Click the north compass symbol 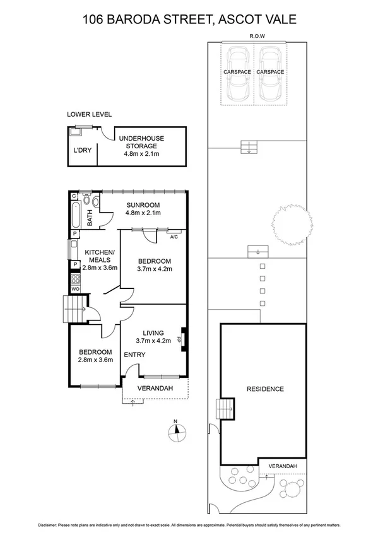point(179,432)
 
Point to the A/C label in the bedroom point(174,237)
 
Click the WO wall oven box point(74,288)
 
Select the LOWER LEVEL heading point(89,114)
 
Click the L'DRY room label point(82,151)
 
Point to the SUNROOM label point(142,205)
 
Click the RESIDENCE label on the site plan point(265,389)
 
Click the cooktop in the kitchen point(74,277)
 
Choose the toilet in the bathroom point(95,203)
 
